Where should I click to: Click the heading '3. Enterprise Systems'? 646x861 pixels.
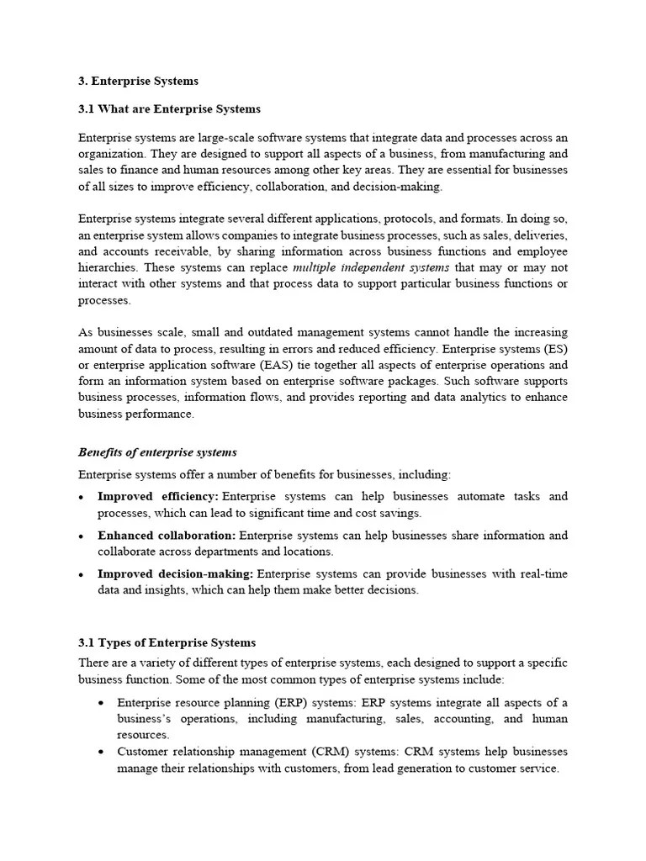coord(138,82)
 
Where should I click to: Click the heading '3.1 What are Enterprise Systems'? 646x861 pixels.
coord(169,109)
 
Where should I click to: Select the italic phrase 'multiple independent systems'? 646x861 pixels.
coord(371,267)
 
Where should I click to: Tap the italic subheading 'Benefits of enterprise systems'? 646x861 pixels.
coord(157,452)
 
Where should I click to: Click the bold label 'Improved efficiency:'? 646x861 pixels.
coord(158,497)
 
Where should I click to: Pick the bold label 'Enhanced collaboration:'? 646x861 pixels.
coord(167,536)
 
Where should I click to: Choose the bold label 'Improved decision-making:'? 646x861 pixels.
coord(175,574)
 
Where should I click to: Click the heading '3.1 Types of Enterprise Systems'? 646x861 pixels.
coord(167,643)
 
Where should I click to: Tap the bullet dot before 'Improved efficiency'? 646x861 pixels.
coord(82,498)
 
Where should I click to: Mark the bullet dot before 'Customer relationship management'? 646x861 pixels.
coord(101,752)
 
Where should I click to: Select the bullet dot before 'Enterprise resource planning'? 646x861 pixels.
coord(101,702)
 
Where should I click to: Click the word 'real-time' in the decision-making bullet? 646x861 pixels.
coord(540,574)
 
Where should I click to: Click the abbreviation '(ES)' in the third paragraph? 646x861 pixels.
coord(552,349)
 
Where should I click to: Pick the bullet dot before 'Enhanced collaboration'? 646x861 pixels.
coord(82,536)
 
